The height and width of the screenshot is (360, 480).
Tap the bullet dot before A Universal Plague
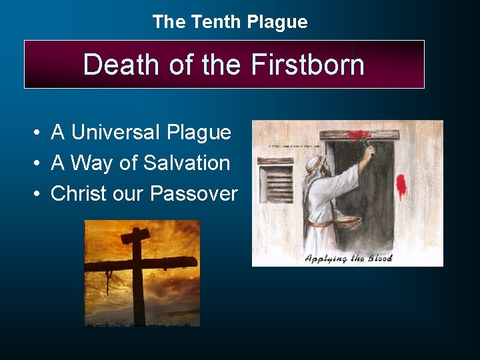click(37, 133)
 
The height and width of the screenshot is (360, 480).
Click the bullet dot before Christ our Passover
click(37, 195)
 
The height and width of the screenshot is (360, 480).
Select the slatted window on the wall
click(275, 183)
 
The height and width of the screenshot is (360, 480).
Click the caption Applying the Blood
click(348, 258)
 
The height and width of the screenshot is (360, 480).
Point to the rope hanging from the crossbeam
click(108, 281)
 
